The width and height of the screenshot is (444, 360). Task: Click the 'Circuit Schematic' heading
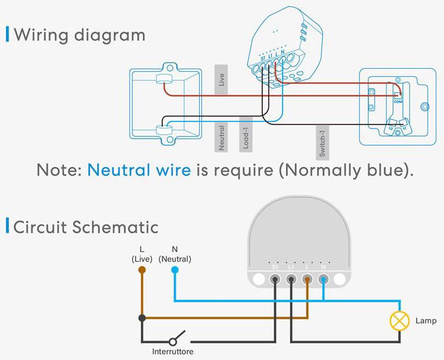coord(86,227)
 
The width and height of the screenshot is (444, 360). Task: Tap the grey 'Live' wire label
coord(221,80)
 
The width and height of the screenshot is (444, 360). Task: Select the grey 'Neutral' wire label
coord(221,137)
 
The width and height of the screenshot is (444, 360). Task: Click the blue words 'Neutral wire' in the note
coord(139,171)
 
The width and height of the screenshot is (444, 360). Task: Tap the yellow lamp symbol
coord(399,321)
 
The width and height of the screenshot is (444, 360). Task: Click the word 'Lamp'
coord(426,321)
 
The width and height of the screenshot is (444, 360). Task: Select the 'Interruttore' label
coord(173,352)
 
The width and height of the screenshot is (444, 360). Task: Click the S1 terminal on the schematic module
coord(275,279)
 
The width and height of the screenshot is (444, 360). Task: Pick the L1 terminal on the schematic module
coord(291,279)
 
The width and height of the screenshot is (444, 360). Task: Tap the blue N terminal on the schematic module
coord(323,279)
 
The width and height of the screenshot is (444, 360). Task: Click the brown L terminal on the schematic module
coord(307,279)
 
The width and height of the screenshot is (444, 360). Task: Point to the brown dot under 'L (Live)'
coord(142,270)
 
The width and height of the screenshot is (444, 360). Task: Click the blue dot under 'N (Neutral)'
coord(175,270)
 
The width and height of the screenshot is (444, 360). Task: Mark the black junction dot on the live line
coord(142,318)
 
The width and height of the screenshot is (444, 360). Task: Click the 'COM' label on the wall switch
coord(398,101)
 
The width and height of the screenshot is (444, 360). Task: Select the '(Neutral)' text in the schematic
coord(175,259)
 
